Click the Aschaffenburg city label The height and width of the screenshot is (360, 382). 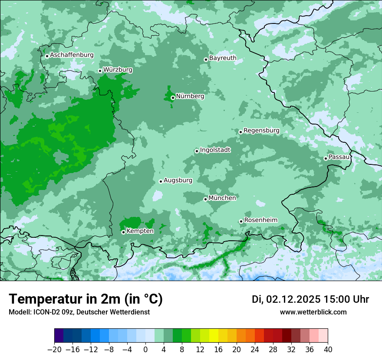(x=72, y=55)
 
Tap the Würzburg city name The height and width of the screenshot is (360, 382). (x=118, y=69)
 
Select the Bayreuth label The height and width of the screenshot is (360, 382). (x=223, y=58)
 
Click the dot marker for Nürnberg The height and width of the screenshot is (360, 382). (x=173, y=98)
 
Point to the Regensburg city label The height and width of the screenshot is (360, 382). (x=261, y=130)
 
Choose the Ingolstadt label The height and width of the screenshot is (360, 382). (x=215, y=150)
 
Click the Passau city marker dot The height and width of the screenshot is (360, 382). (x=326, y=158)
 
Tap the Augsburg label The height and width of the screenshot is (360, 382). (x=178, y=180)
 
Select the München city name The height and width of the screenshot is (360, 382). (x=222, y=198)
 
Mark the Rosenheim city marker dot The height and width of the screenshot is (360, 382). (x=241, y=222)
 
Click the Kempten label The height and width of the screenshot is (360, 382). (x=140, y=231)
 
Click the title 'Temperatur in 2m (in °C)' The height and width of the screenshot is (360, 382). (x=86, y=299)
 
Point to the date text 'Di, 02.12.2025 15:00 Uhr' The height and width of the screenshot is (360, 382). (x=310, y=299)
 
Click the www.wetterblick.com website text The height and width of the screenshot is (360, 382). (x=313, y=312)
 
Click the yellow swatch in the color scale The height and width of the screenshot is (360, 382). (x=214, y=336)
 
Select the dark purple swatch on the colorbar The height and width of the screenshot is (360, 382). (x=59, y=336)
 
